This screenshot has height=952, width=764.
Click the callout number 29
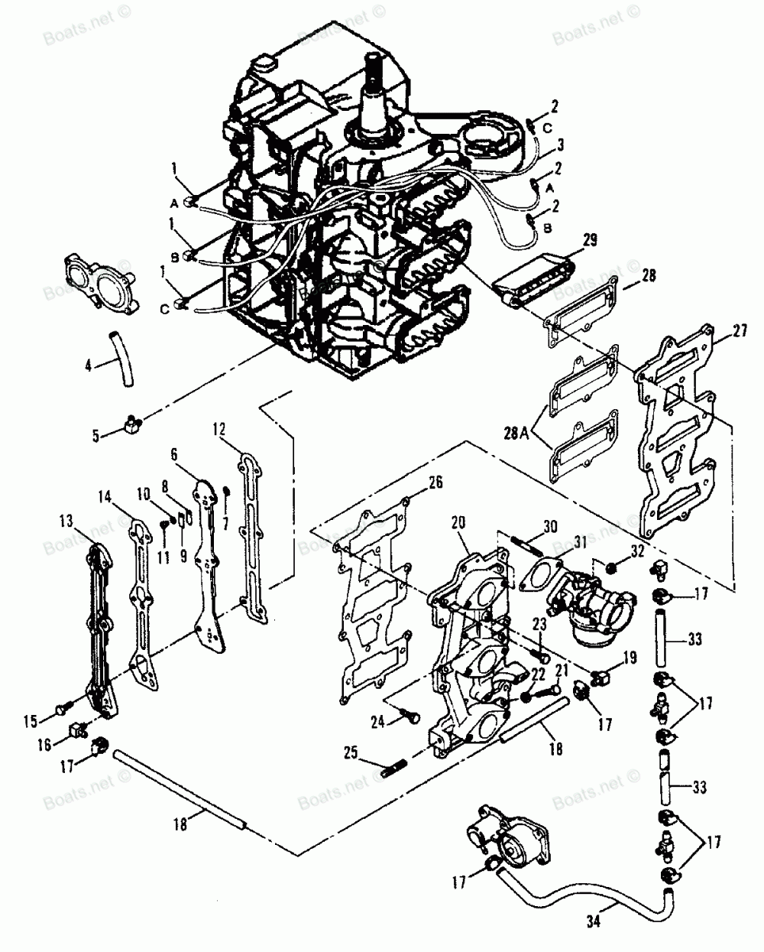(588, 241)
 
